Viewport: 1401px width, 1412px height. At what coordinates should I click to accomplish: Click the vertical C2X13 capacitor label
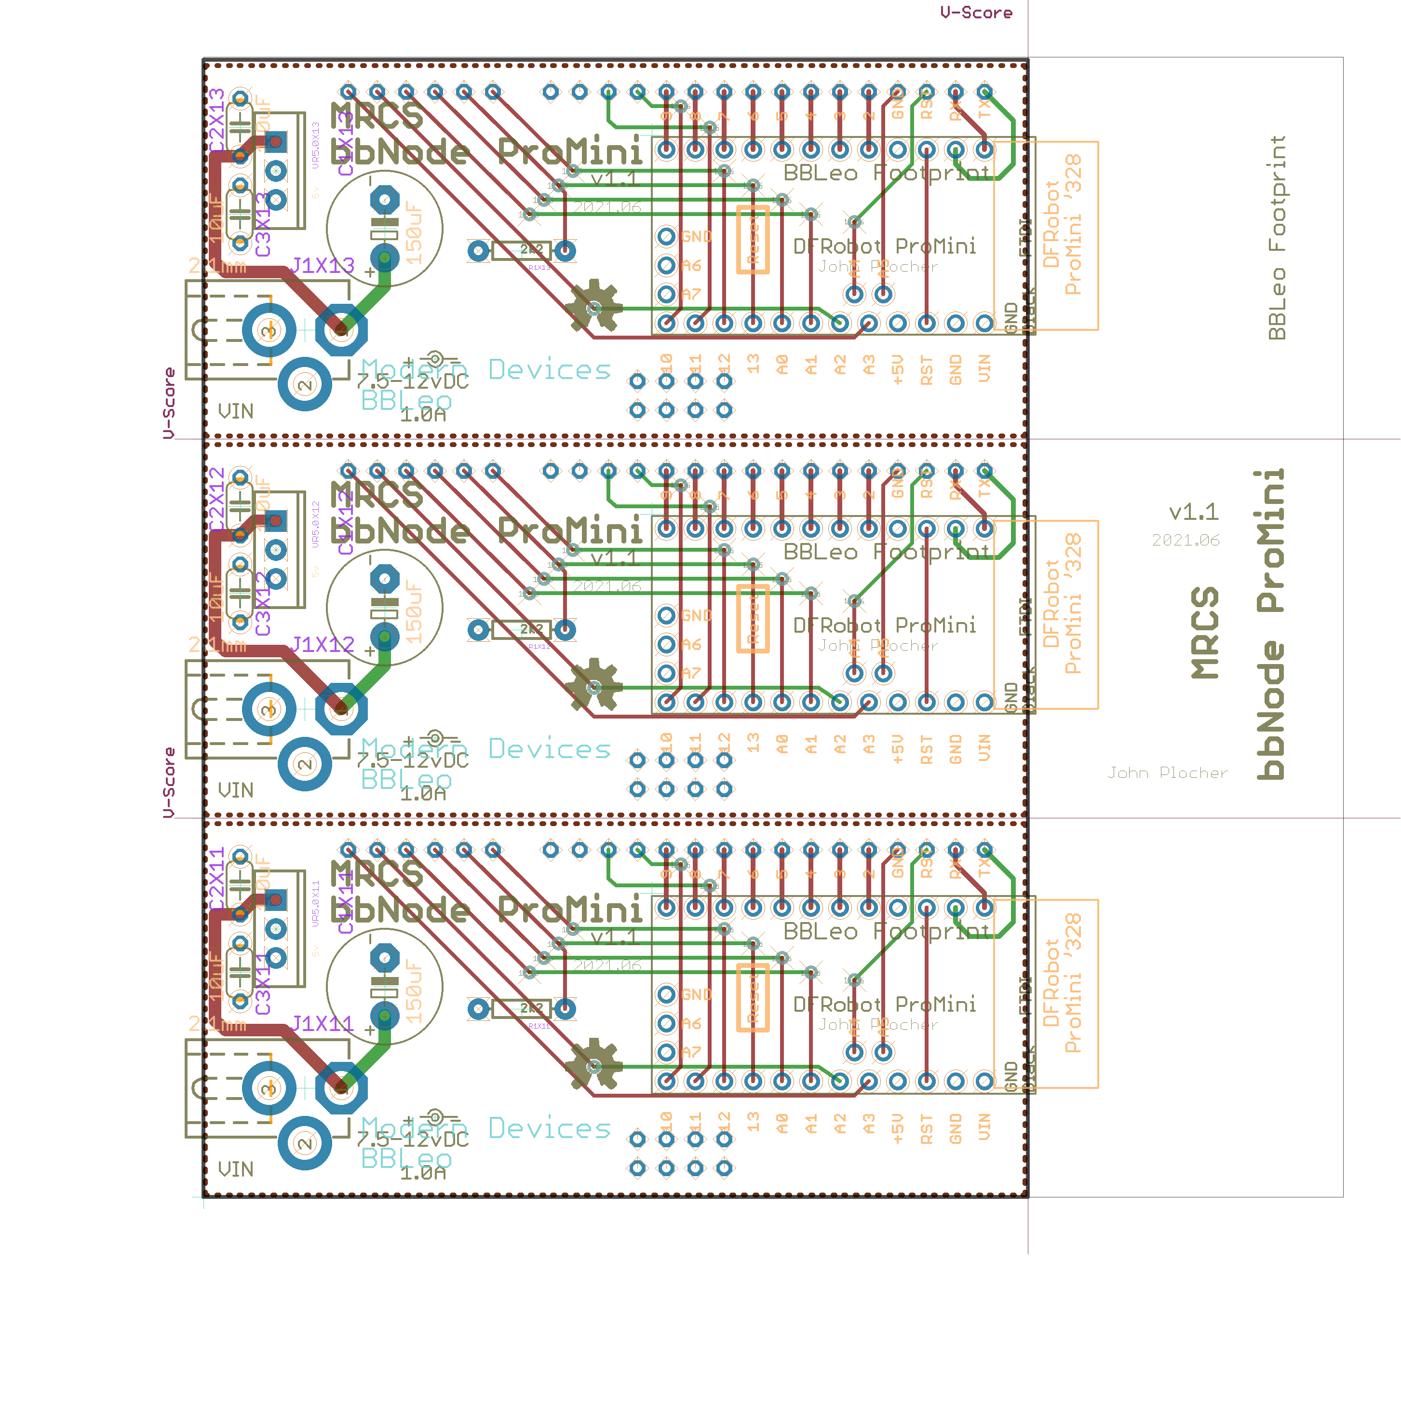coord(217,121)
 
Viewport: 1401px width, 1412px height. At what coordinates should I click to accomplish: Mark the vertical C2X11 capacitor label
coord(217,879)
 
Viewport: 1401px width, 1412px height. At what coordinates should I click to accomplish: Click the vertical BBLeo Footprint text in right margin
coord(1276,238)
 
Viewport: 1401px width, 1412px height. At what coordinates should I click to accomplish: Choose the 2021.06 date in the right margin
coord(1185,540)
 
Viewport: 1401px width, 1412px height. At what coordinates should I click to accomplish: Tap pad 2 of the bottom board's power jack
coord(305,1142)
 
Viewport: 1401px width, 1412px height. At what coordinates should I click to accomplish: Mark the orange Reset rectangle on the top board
coord(752,240)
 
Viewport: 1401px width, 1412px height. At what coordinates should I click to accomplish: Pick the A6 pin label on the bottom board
coord(691,1023)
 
